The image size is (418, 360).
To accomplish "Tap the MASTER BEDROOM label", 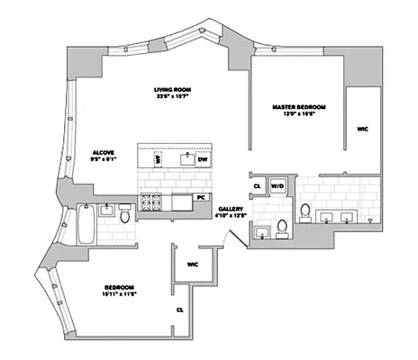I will (x=299, y=107).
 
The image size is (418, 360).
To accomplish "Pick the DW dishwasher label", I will (x=204, y=160).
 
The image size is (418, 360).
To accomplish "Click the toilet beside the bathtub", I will (x=123, y=213).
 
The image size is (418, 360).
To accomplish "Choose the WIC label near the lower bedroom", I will (x=193, y=265).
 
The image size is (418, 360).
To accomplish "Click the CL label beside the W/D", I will (x=257, y=187).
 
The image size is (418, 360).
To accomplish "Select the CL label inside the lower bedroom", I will (x=180, y=309).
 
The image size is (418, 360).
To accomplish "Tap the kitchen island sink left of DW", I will (x=186, y=160).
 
